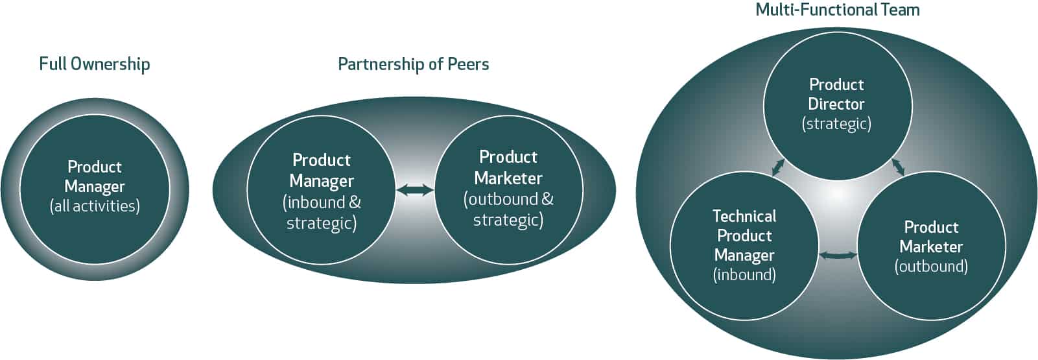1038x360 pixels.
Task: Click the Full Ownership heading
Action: tap(95, 64)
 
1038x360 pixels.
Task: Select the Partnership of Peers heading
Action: tap(413, 64)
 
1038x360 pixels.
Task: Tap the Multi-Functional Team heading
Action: tap(837, 10)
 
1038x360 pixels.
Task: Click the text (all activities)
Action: tap(95, 206)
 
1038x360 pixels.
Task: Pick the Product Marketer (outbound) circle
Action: tap(931, 246)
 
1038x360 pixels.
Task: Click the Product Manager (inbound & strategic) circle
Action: tap(321, 191)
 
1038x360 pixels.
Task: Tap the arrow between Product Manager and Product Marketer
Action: tap(415, 190)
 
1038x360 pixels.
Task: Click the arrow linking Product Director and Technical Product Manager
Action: tap(778, 167)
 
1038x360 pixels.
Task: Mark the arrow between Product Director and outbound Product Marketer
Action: tap(898, 167)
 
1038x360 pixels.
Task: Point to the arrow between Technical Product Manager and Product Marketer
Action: tap(838, 256)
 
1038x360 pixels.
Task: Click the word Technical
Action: tap(744, 216)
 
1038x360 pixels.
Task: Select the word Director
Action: tap(836, 104)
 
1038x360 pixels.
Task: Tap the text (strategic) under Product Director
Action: tap(836, 124)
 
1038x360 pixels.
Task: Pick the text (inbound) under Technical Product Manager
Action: tap(744, 275)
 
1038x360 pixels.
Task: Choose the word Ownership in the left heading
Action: tap(110, 64)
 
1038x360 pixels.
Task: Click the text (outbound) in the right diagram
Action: tap(931, 267)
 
